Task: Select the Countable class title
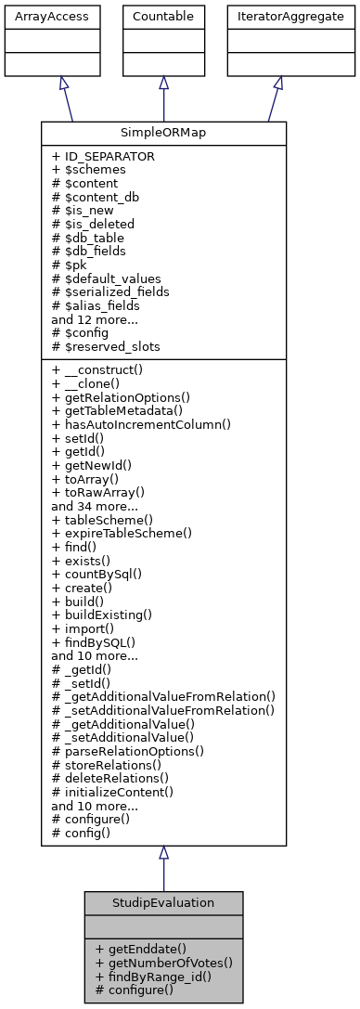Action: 163,15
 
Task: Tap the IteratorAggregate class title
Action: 277,15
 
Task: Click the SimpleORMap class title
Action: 163,133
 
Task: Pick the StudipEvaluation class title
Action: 163,903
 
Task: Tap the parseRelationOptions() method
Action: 128,749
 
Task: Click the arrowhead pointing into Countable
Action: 163,82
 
